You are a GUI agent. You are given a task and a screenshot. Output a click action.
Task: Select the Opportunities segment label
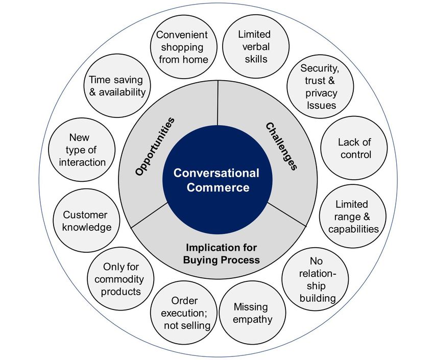pos(155,147)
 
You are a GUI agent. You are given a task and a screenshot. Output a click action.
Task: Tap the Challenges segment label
pos(281,146)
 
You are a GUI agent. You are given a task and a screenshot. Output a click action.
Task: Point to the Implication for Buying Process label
pos(222,254)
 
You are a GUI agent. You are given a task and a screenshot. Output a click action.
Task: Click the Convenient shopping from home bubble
pos(182,47)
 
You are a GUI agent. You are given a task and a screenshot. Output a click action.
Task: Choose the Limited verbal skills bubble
pos(254,46)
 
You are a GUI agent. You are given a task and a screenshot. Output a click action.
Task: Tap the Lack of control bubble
pos(354,148)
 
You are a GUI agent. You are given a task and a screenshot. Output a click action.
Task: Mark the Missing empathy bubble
pos(253,313)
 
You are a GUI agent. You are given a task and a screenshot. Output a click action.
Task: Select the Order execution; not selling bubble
pos(184,313)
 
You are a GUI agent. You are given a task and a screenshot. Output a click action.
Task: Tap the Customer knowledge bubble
pos(85,221)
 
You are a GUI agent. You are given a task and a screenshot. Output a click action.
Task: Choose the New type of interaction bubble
pos(82,150)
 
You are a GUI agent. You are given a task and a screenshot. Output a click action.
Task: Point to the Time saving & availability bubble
pos(117,86)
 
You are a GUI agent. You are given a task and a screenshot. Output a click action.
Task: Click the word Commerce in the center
pos(218,187)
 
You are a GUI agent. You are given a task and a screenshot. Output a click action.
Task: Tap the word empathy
pos(253,320)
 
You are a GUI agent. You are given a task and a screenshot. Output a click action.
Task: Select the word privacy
pos(321,93)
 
